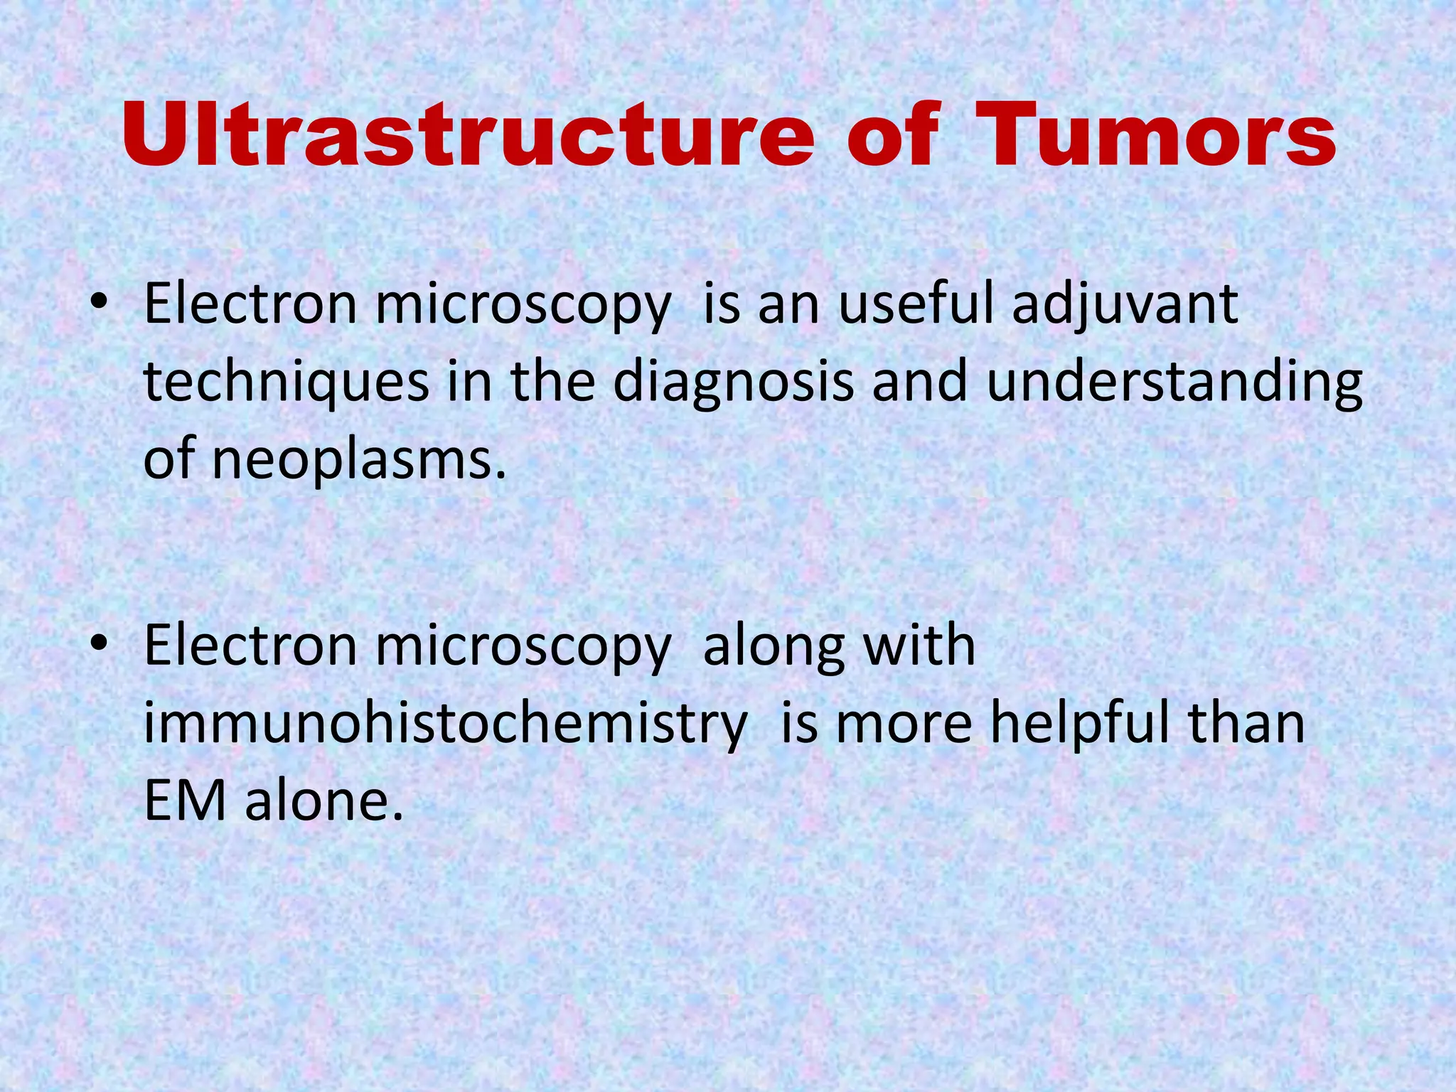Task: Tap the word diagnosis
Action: tap(732, 382)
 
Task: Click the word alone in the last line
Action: tap(324, 801)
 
